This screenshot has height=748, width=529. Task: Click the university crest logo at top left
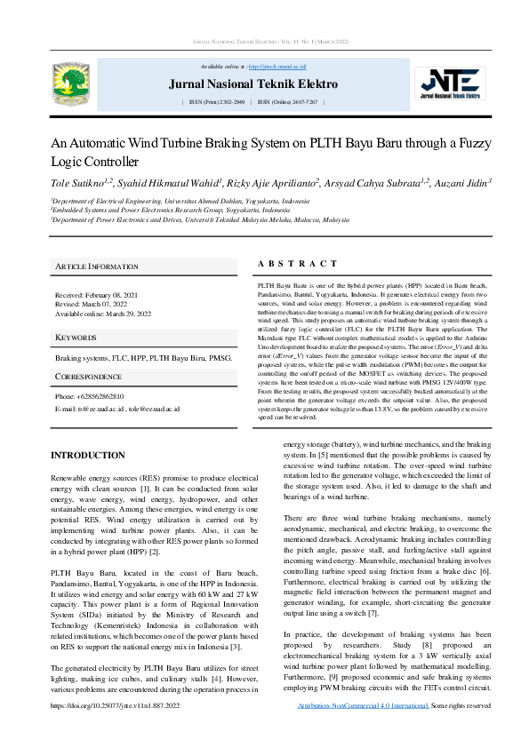click(70, 82)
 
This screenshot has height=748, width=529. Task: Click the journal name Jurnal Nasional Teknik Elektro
click(253, 84)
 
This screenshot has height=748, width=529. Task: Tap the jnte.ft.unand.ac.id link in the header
click(277, 67)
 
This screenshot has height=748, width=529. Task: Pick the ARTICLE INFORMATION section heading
click(96, 267)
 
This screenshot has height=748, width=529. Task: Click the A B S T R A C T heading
click(297, 264)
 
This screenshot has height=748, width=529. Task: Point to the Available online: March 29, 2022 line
click(103, 314)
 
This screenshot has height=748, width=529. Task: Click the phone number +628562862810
click(101, 396)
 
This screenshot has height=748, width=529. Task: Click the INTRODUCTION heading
click(88, 456)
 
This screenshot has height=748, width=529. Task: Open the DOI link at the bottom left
click(115, 730)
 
